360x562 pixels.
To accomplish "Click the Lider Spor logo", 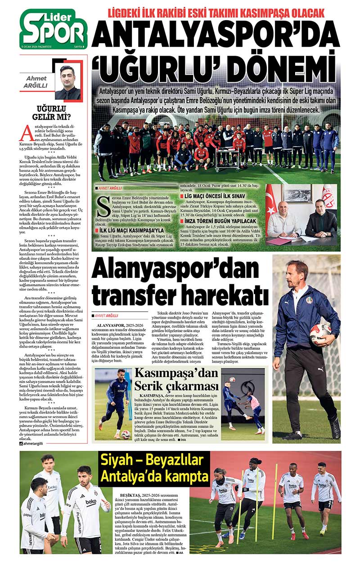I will tap(54, 28).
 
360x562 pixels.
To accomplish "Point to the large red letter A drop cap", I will tap(27, 133).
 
